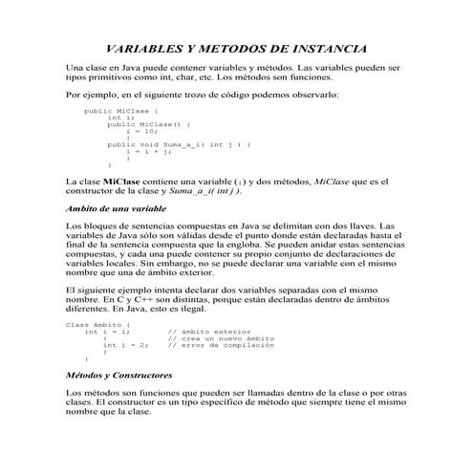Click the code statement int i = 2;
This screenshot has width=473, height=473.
click(x=125, y=345)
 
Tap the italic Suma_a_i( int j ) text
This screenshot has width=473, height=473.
click(x=190, y=191)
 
